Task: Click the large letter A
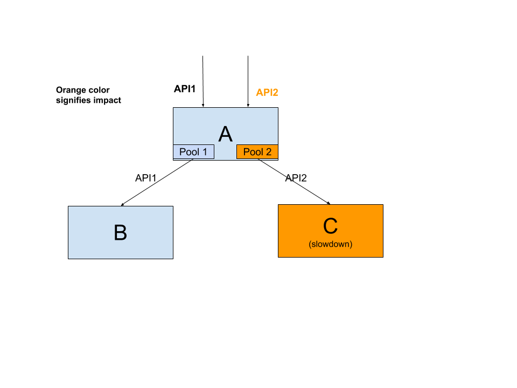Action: pyautogui.click(x=226, y=134)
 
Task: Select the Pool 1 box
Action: pyautogui.click(x=193, y=152)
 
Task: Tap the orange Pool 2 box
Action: pyautogui.click(x=257, y=152)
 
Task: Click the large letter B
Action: pyautogui.click(x=120, y=233)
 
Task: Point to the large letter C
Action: pyautogui.click(x=330, y=226)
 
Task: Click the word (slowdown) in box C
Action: pyautogui.click(x=330, y=244)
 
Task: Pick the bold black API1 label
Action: pyautogui.click(x=185, y=89)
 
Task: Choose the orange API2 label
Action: pyautogui.click(x=267, y=92)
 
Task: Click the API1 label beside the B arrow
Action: pyautogui.click(x=146, y=178)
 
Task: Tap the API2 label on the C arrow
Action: pyautogui.click(x=296, y=178)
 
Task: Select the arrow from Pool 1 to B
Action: pyautogui.click(x=157, y=183)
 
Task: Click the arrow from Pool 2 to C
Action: pyautogui.click(x=294, y=182)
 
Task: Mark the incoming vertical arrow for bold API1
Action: pyautogui.click(x=203, y=81)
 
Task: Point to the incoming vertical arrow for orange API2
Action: pyautogui.click(x=248, y=81)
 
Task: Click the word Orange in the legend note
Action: pyautogui.click(x=68, y=91)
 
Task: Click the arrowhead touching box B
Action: pyautogui.click(x=122, y=205)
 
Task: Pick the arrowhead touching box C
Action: pyautogui.click(x=329, y=203)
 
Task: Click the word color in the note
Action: pyautogui.click(x=96, y=90)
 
